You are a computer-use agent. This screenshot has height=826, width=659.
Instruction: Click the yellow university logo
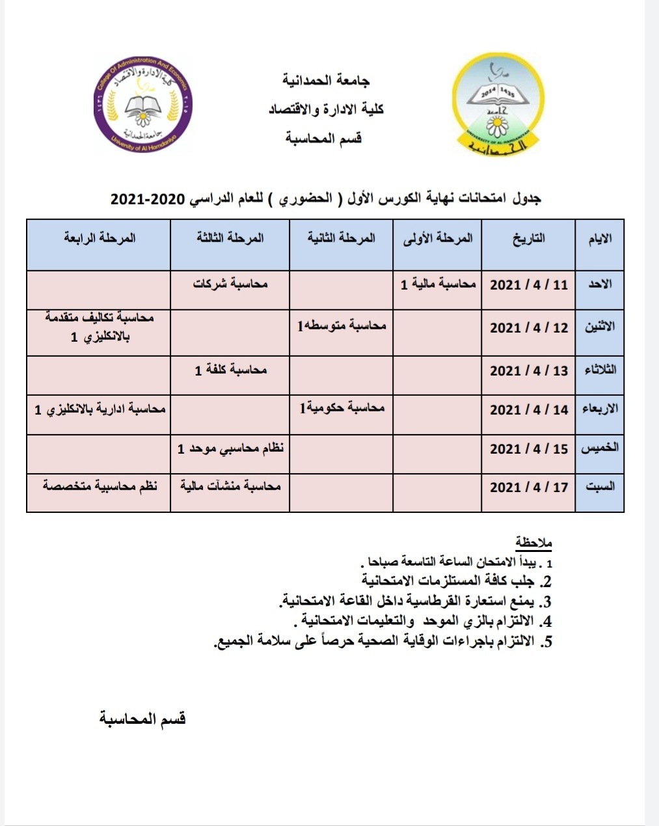click(x=498, y=105)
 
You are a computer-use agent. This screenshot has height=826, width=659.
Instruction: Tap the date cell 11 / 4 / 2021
click(x=528, y=285)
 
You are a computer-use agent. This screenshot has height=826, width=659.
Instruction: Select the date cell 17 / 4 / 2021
click(x=528, y=487)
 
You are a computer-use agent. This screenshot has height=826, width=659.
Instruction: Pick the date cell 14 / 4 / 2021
click(x=528, y=409)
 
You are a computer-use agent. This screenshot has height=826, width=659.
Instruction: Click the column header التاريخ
click(x=529, y=238)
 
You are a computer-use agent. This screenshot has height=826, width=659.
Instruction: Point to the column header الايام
click(x=599, y=239)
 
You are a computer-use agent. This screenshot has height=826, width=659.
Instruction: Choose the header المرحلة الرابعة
click(x=100, y=238)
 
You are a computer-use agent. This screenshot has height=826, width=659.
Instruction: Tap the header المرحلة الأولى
click(x=438, y=238)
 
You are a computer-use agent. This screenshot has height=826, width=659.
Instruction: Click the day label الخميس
click(x=599, y=448)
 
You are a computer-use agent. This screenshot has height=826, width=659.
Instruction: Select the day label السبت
click(x=599, y=487)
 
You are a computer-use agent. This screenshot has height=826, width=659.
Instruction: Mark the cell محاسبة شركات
click(x=230, y=284)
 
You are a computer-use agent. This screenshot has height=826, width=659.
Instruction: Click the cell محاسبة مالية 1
click(x=438, y=284)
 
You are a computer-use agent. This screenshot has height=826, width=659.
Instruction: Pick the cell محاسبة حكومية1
click(x=342, y=408)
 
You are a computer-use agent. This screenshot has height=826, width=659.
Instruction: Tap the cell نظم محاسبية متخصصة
click(x=100, y=486)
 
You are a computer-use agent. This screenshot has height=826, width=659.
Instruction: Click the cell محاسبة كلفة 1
click(x=230, y=370)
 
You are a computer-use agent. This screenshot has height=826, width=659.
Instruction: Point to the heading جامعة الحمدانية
click(x=327, y=81)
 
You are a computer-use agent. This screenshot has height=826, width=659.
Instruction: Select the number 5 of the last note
click(x=548, y=642)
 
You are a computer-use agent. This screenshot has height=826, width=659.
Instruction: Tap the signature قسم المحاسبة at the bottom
click(x=142, y=719)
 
